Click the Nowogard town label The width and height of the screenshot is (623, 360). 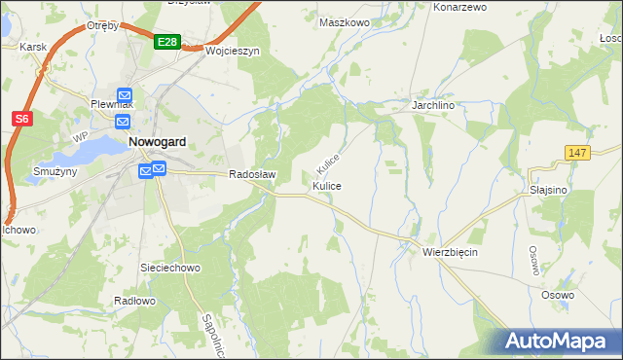pos(159,141)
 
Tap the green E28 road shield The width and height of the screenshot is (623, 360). pos(166,42)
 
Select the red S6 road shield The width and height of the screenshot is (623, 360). pos(22,119)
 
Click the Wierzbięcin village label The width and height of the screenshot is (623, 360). pos(450,251)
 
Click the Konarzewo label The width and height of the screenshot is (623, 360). pos(459,7)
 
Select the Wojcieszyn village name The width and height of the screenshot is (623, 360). pos(233,52)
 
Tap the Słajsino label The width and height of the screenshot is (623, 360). pos(548,191)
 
